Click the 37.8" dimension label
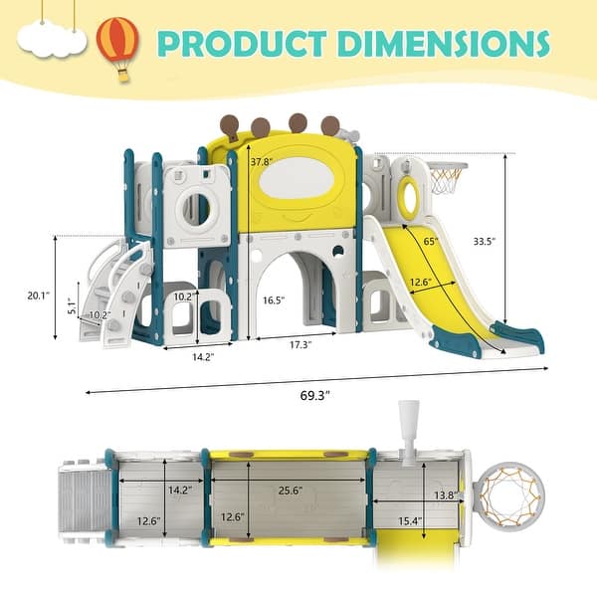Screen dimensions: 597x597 pyautogui.click(x=262, y=161)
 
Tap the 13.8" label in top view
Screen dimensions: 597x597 pyautogui.click(x=447, y=495)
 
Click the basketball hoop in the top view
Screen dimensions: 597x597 pyautogui.click(x=506, y=497)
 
